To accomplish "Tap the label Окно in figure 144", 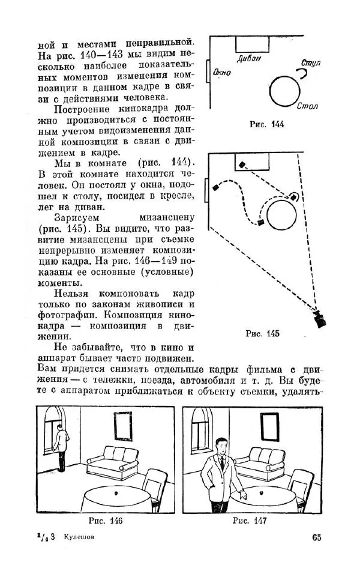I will coord(222,73).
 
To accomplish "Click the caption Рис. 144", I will coord(267,125).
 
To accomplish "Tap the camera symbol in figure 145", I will coord(320,318).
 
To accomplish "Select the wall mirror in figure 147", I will coord(271,428).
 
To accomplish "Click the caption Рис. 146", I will coord(106,521).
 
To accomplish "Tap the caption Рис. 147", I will coord(250,521).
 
